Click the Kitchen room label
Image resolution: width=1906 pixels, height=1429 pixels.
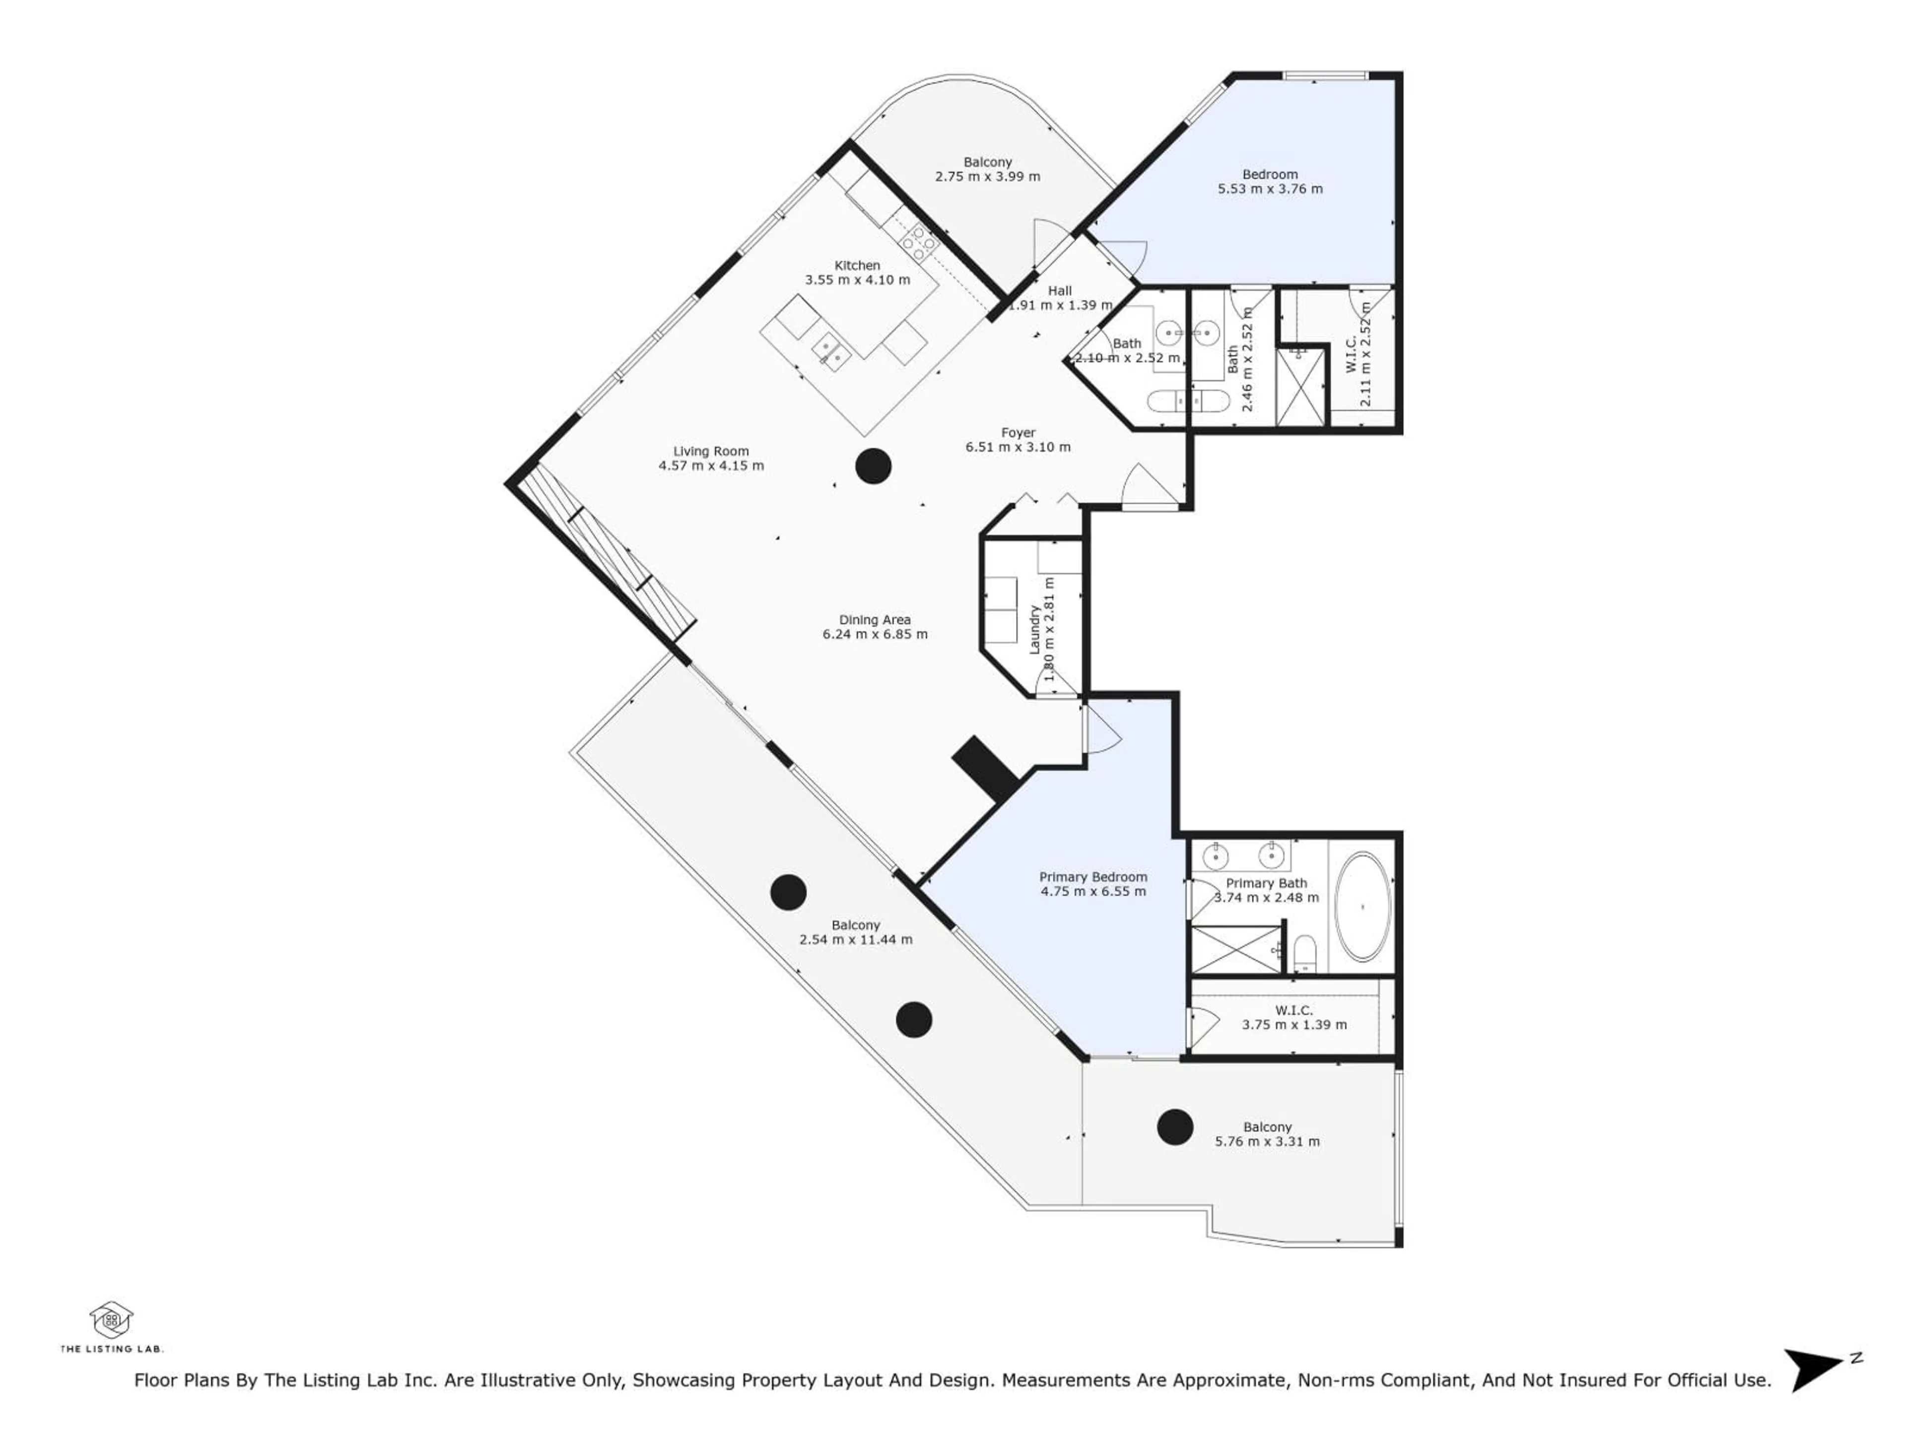(857, 265)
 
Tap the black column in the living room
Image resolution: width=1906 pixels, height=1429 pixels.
(873, 466)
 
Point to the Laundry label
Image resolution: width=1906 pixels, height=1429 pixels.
(1035, 630)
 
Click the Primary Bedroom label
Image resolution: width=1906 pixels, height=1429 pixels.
(1092, 877)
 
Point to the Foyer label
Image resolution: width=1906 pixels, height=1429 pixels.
(1018, 432)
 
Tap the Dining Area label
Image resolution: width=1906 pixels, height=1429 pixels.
(875, 619)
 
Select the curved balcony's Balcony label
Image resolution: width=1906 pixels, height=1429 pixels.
(987, 162)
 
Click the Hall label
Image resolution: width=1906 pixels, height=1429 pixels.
(1059, 290)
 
